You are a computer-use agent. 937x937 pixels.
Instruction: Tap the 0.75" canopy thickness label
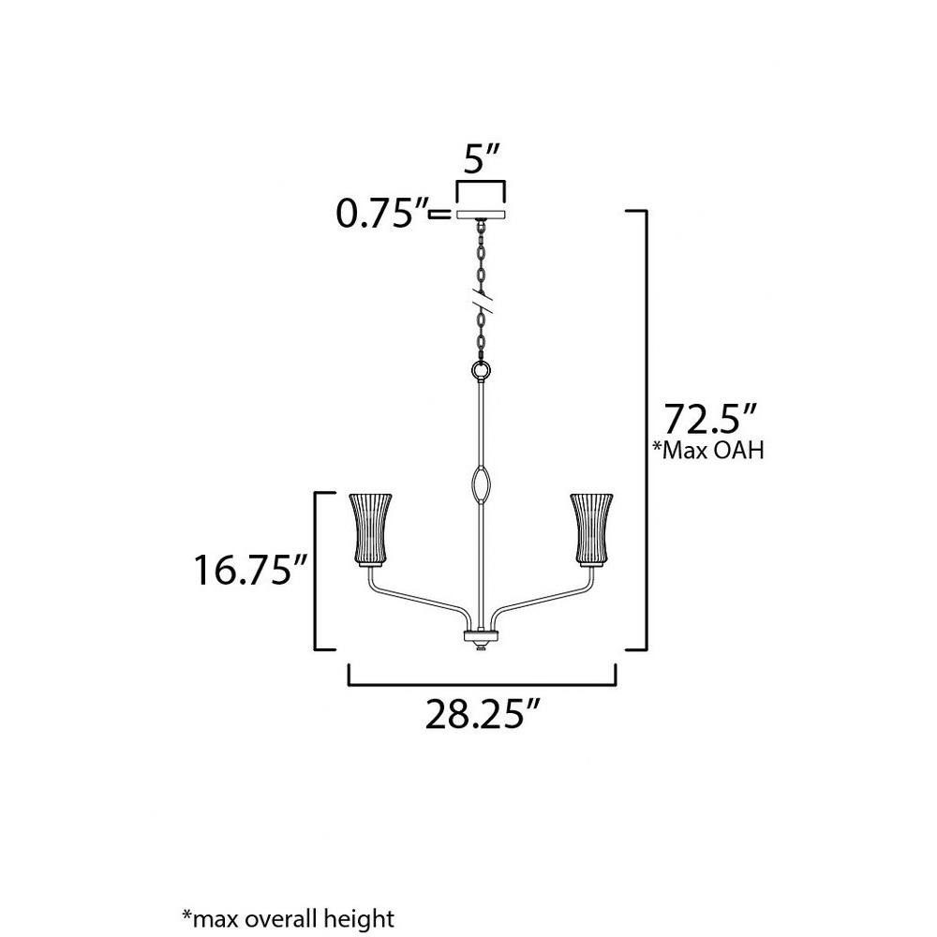coord(382,214)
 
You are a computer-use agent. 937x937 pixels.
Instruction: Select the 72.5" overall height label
coord(711,419)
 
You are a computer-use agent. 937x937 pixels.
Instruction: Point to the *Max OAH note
coord(708,450)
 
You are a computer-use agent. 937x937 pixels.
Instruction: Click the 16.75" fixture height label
coord(250,570)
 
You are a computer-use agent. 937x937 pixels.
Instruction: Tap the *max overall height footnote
coord(288,917)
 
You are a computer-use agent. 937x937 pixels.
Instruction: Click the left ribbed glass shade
coord(370,528)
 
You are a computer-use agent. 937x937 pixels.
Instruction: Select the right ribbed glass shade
coord(591,528)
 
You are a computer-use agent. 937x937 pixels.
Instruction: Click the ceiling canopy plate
coord(481,215)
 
